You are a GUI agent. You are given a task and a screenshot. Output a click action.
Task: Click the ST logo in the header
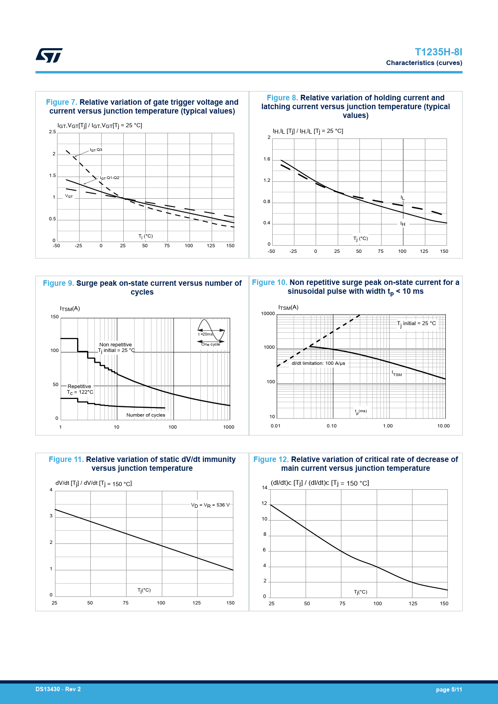point(49,55)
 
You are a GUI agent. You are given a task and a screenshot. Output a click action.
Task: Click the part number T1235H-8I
point(438,52)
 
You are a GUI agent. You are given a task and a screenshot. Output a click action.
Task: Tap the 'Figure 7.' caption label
point(61,102)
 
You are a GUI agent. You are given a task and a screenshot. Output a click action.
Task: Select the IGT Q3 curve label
point(96,150)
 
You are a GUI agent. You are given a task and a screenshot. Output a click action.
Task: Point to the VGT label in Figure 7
point(69,196)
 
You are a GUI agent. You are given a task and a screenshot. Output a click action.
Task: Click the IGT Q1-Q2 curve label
point(109,178)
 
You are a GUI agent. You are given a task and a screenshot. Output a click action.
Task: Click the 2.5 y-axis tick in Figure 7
point(52,132)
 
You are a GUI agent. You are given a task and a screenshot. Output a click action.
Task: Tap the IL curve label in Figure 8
point(402,197)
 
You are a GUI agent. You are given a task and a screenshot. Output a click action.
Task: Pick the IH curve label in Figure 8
point(402,224)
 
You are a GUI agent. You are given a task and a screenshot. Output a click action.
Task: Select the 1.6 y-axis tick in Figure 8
point(267,159)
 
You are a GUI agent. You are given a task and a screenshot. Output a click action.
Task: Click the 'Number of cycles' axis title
point(146,415)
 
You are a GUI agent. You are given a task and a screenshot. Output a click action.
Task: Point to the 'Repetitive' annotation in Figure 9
point(80,387)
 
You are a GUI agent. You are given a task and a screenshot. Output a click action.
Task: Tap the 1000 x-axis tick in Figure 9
point(229,427)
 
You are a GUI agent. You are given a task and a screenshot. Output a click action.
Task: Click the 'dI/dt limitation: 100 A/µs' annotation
point(318,363)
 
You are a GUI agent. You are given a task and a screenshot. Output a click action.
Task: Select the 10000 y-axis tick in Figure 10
point(268,314)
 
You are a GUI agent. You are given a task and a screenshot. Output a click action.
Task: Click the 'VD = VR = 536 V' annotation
point(210,505)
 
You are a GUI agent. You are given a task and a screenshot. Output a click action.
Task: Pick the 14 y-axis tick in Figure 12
point(265,488)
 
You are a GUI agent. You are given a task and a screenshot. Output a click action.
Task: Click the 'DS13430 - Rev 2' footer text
point(58,689)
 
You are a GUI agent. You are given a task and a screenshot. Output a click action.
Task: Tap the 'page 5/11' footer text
point(449,690)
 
